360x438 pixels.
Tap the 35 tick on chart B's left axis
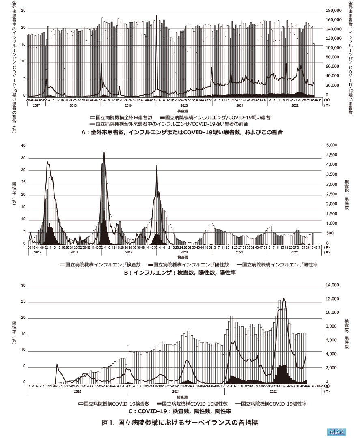[23, 158]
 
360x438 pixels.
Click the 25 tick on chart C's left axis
[23, 301]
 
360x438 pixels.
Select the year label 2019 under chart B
[129, 252]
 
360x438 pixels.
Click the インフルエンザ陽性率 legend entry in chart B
[272, 264]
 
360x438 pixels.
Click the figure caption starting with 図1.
[180, 422]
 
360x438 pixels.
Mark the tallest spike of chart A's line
[157, 16]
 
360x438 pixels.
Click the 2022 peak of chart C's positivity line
[283, 298]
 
